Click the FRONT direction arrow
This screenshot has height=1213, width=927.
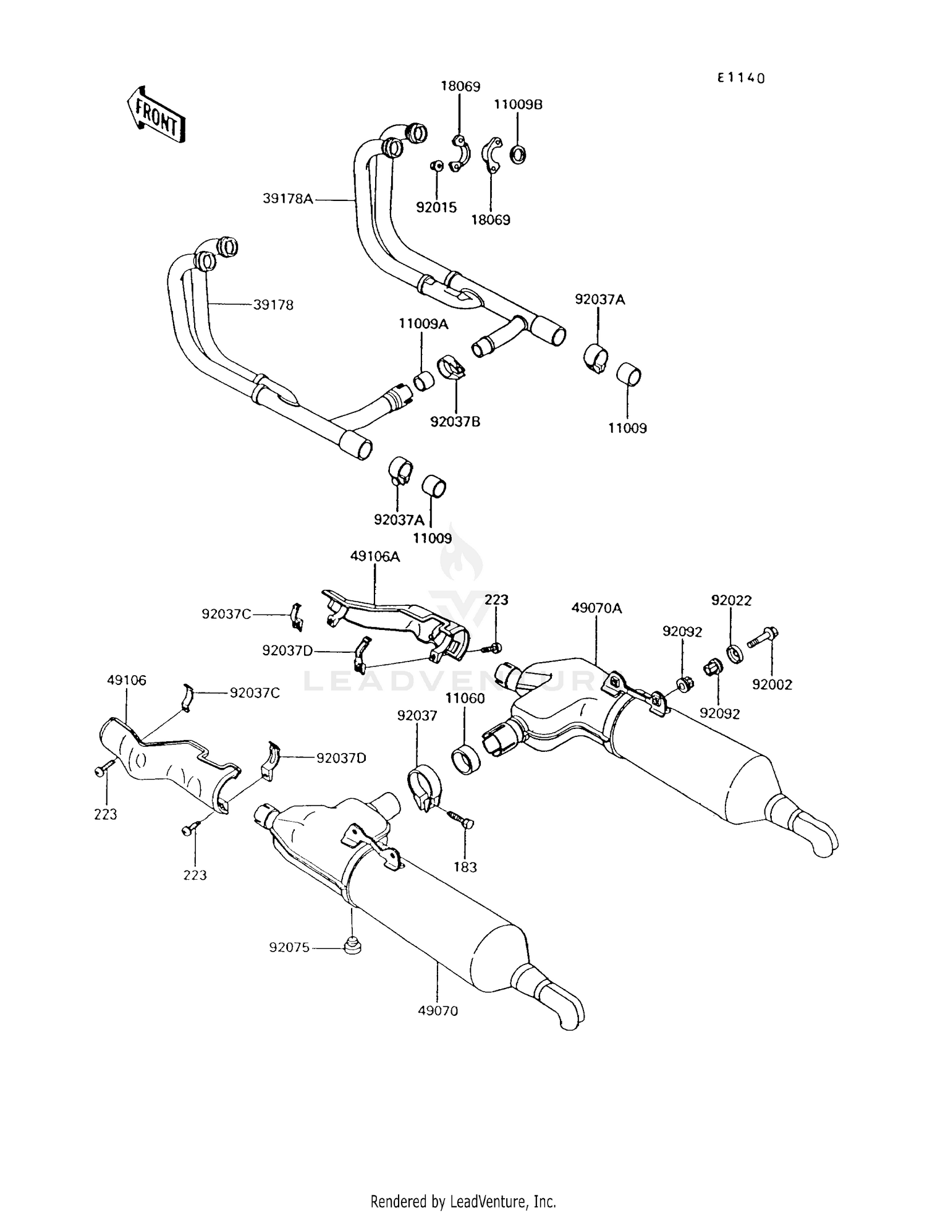point(156,115)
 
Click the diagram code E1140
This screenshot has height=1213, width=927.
point(741,78)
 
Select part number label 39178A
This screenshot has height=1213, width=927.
point(288,199)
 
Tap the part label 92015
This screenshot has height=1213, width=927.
point(436,208)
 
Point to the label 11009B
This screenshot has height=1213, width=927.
point(518,104)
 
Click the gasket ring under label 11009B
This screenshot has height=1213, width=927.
point(518,154)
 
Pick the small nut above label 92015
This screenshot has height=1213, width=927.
point(436,166)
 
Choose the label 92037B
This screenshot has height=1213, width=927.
point(455,422)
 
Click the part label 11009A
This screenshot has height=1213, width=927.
point(423,323)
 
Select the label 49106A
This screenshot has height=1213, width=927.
point(375,556)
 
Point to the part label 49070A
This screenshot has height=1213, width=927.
point(596,608)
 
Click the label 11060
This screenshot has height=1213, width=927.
point(465,698)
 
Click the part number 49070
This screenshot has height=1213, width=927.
point(438,1011)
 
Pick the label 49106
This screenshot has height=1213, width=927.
point(127,680)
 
